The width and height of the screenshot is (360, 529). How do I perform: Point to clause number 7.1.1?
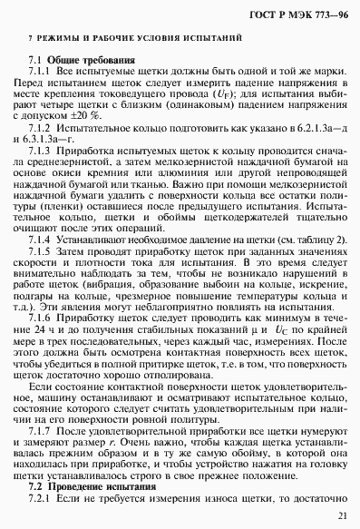(x=42, y=71)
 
